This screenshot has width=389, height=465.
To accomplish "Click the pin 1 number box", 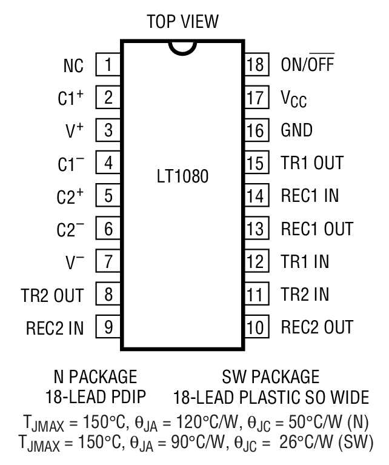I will pos(108,65).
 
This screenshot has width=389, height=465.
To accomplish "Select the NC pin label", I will pos(73,65).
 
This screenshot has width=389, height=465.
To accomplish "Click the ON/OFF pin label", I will pos(307,65).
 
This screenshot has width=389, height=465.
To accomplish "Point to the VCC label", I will pos(294,98).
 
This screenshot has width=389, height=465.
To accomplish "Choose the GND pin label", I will pos(297,130).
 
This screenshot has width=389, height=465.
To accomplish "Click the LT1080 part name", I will pos(182,179).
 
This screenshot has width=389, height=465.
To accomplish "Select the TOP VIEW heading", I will pos(182,22).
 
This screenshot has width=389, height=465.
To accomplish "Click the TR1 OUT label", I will pos(312,163).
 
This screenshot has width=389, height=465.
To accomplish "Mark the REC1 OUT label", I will pos(316,229).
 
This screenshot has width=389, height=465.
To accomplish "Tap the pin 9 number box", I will pos(108,328).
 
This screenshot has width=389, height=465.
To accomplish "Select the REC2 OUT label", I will pos(316,328).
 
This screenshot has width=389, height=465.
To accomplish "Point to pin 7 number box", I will pos(108,263).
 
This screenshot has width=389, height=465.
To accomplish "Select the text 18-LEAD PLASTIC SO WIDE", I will pos(271,398).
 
